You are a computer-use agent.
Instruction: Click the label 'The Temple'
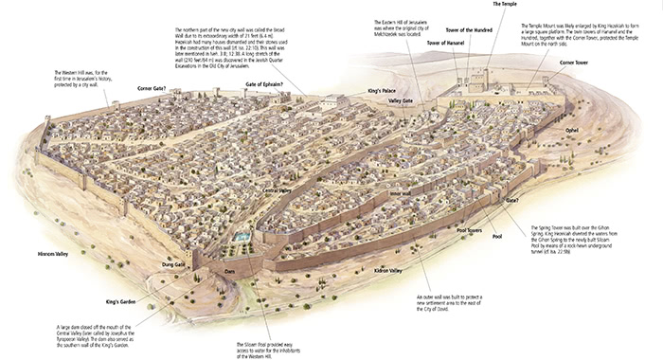(x=505, y=6)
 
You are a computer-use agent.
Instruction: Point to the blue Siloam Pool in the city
(x=244, y=234)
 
